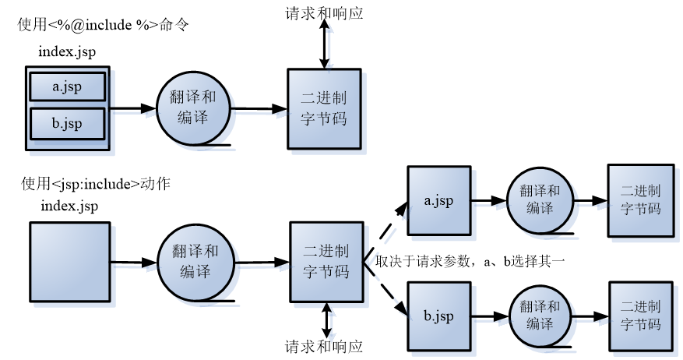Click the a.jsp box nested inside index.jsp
67,88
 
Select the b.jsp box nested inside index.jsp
67,123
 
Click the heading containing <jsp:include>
96,185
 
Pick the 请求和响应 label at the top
324,13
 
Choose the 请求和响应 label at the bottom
324,346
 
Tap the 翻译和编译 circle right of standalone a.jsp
539,200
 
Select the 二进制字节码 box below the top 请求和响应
324,108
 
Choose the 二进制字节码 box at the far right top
640,200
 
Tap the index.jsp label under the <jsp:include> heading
69,206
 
